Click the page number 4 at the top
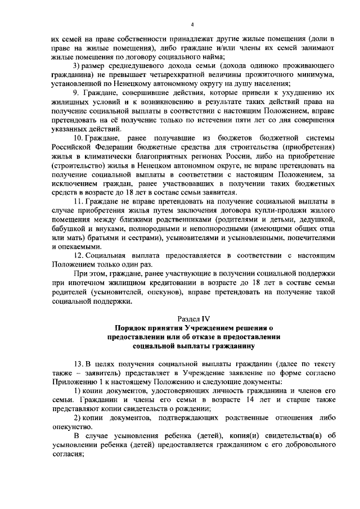click(x=192, y=25)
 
